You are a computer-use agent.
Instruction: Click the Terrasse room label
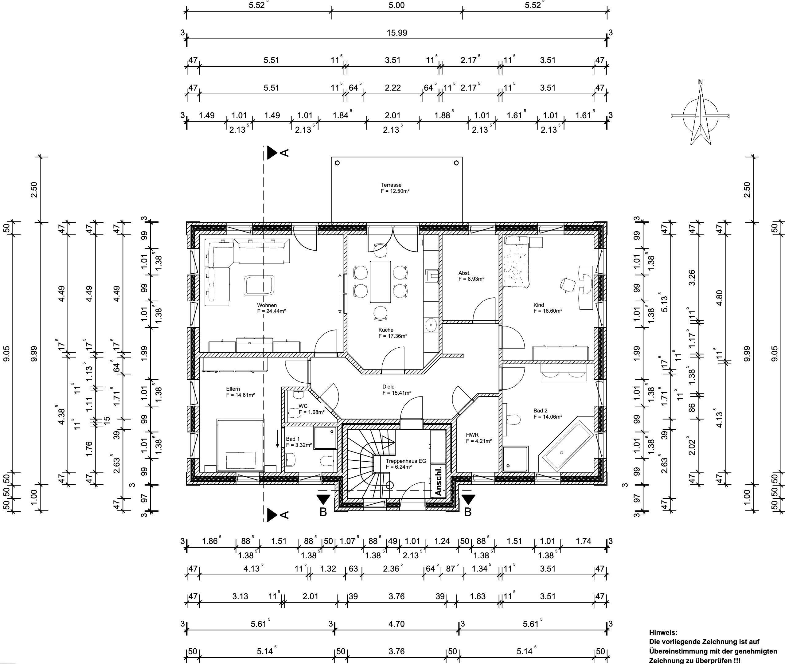pos(391,185)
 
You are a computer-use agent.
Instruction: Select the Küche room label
pos(386,330)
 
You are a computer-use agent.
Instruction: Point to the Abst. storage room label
pos(464,273)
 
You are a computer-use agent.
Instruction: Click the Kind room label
pos(538,305)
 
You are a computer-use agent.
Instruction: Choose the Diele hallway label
pos(389,387)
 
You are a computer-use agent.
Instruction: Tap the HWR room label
pos(472,435)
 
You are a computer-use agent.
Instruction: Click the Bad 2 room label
pos(541,411)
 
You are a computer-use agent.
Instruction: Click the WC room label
pos(303,406)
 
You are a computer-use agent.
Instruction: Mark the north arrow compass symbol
pos(700,115)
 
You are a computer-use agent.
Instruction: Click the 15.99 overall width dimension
pos(396,33)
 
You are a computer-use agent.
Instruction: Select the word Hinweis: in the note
pos(663,633)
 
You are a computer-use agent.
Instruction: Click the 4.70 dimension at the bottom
pos(396,624)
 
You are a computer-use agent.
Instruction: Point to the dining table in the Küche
pos(380,282)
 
